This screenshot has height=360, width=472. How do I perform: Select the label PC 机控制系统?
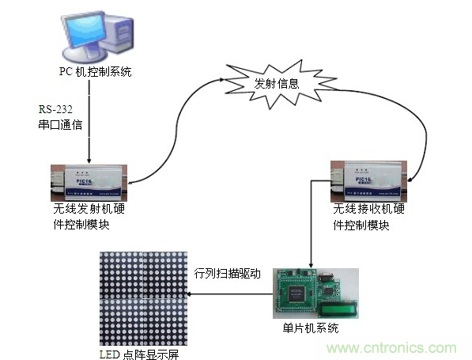95,73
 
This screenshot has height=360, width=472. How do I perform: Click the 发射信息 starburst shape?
276,82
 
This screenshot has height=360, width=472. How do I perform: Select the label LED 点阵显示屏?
144,353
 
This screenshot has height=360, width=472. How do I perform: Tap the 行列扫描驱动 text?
227,274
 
